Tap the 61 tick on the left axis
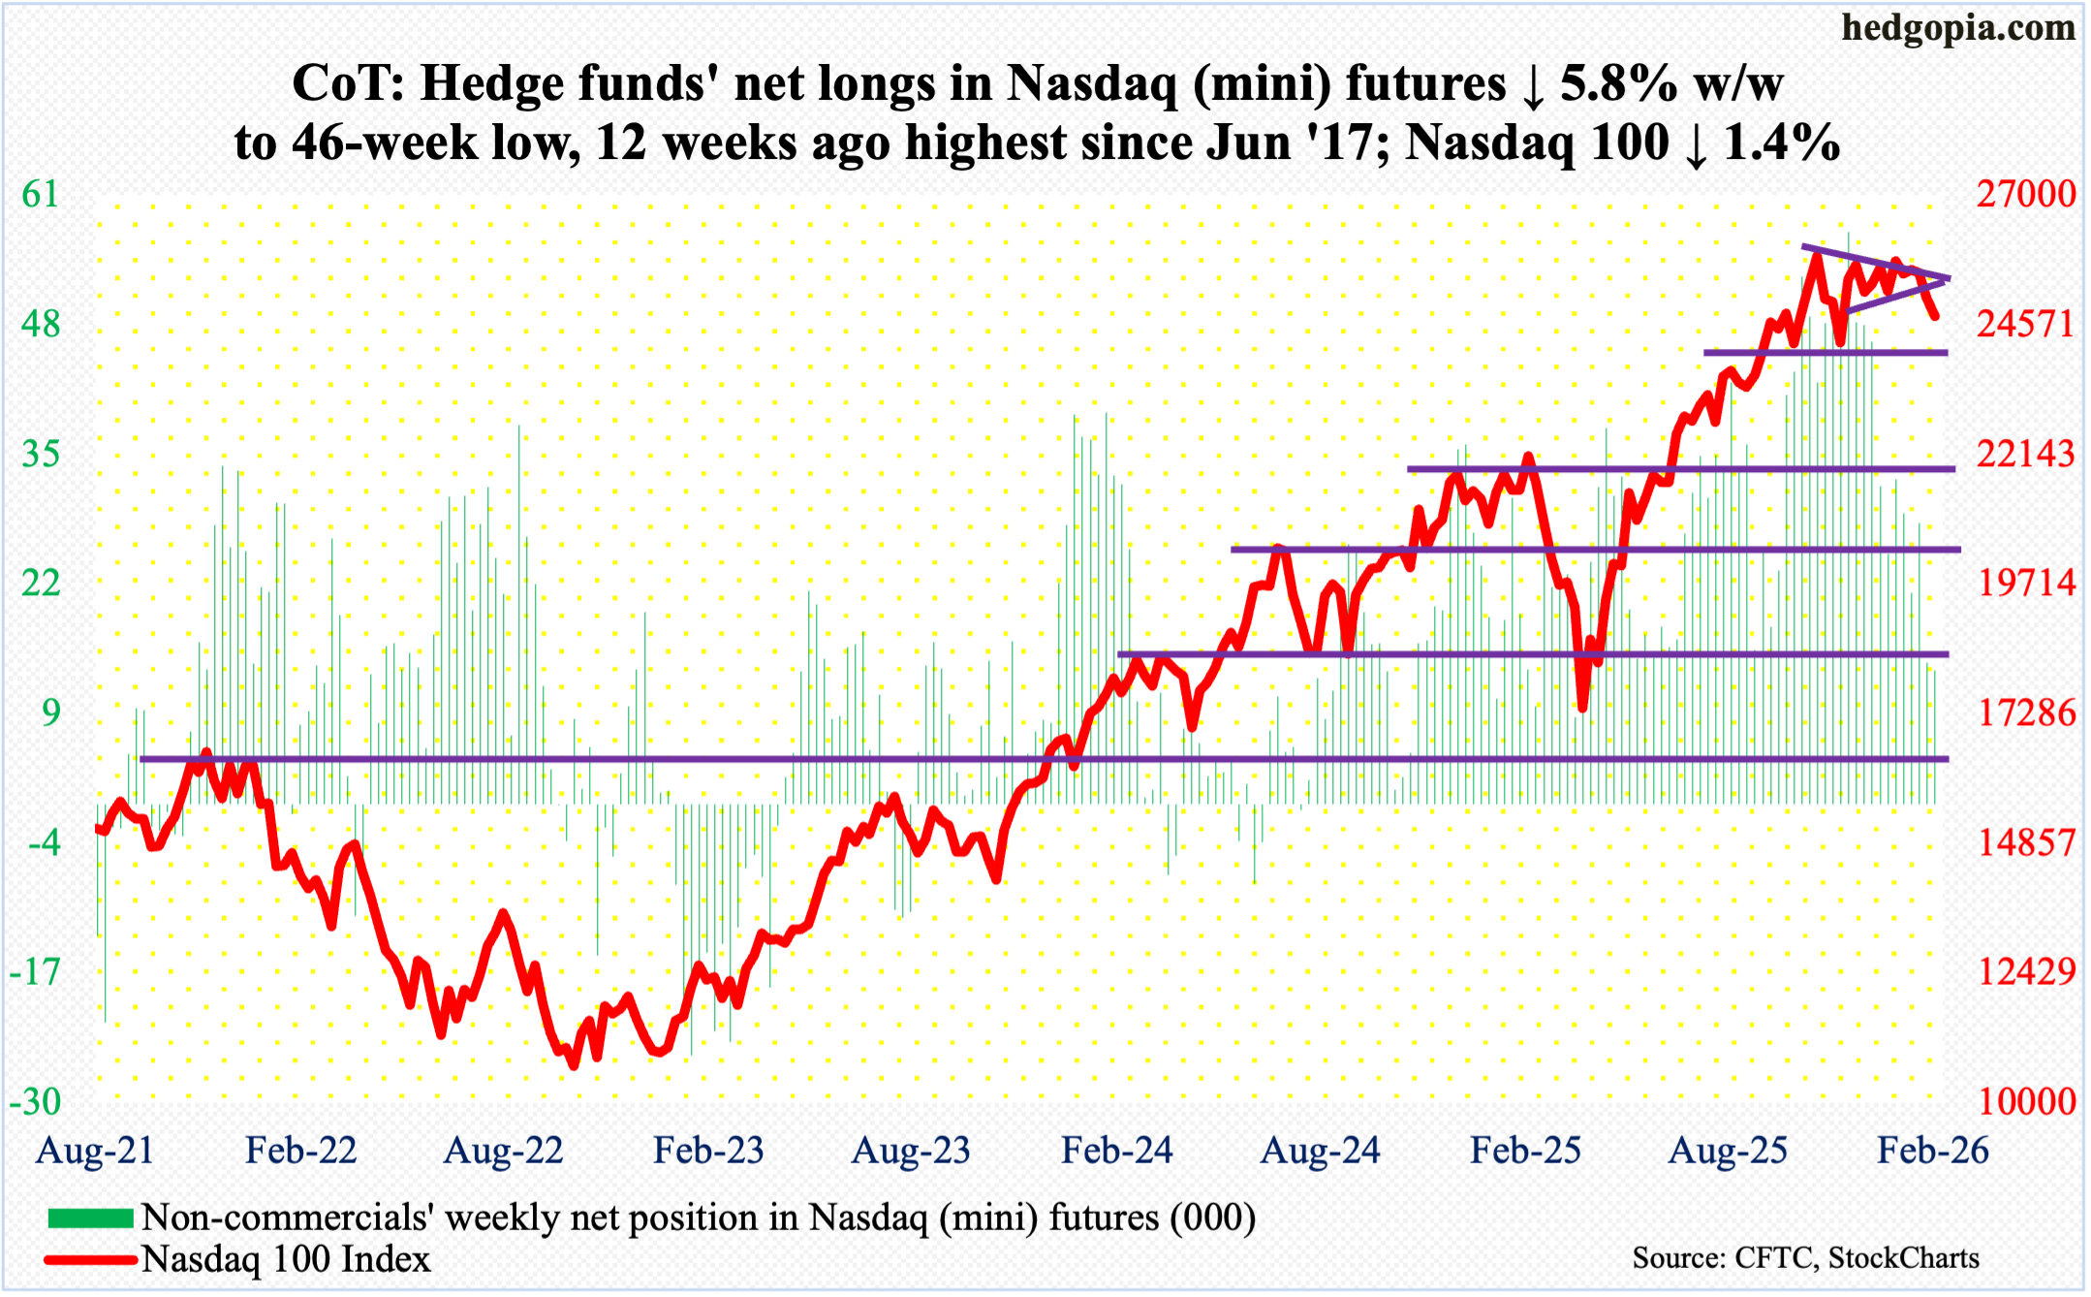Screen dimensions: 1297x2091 click(41, 195)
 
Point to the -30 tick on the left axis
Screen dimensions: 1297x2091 click(36, 1101)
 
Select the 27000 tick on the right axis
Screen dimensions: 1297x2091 click(2026, 195)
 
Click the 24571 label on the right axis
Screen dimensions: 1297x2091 click(2026, 324)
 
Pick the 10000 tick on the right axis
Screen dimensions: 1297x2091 click(2026, 1101)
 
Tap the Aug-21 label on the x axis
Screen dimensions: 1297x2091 click(95, 1151)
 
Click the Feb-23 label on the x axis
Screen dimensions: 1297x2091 click(708, 1151)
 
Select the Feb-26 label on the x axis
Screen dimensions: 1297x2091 click(1932, 1151)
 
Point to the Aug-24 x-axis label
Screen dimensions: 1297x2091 click(1320, 1151)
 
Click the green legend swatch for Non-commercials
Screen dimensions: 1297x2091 click(90, 1218)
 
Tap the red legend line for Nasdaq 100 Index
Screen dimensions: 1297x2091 click(90, 1260)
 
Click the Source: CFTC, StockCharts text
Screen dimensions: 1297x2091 click(1805, 1258)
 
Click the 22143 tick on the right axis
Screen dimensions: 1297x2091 click(2026, 454)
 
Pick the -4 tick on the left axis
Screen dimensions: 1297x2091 click(44, 842)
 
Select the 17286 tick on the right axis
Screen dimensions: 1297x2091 click(2026, 713)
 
